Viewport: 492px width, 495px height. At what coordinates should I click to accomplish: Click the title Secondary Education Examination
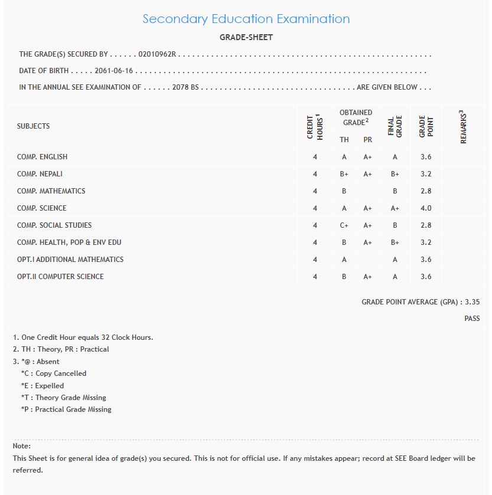point(246,19)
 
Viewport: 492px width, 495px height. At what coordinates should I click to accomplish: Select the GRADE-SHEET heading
point(246,37)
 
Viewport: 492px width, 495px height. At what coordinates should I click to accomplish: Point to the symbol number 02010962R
point(157,54)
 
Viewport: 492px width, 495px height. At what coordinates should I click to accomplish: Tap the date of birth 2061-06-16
point(114,71)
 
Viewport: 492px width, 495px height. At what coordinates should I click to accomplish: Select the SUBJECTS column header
point(34,126)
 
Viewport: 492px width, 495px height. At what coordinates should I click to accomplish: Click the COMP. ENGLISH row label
point(43,157)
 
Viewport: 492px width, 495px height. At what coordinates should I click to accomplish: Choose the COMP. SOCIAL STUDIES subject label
point(54,225)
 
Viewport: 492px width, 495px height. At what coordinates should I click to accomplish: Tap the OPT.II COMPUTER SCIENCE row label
point(60,277)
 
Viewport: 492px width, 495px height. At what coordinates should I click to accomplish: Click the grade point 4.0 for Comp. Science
point(426,208)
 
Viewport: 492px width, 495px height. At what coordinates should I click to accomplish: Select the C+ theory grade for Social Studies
point(344,225)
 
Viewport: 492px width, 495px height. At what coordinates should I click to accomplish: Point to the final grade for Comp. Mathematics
point(395,191)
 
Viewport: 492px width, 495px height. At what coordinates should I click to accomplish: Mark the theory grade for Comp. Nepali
point(344,174)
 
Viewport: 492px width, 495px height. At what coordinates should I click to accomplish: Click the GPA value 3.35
point(472,301)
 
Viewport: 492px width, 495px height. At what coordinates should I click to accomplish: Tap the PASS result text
point(472,319)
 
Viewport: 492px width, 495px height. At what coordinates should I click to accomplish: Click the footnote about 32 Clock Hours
point(83,337)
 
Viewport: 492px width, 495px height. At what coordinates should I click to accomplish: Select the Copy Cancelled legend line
point(54,373)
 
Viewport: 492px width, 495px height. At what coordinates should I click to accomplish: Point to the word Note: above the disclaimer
point(22,446)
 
